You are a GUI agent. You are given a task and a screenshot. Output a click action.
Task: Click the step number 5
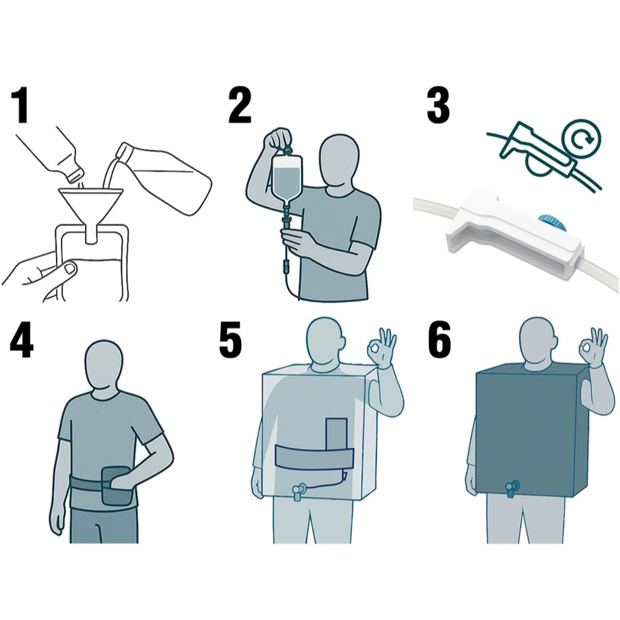pos(230,340)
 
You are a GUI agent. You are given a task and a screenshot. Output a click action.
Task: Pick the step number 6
pos(440,340)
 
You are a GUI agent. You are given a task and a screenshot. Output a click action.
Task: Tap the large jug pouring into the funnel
pos(162,177)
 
